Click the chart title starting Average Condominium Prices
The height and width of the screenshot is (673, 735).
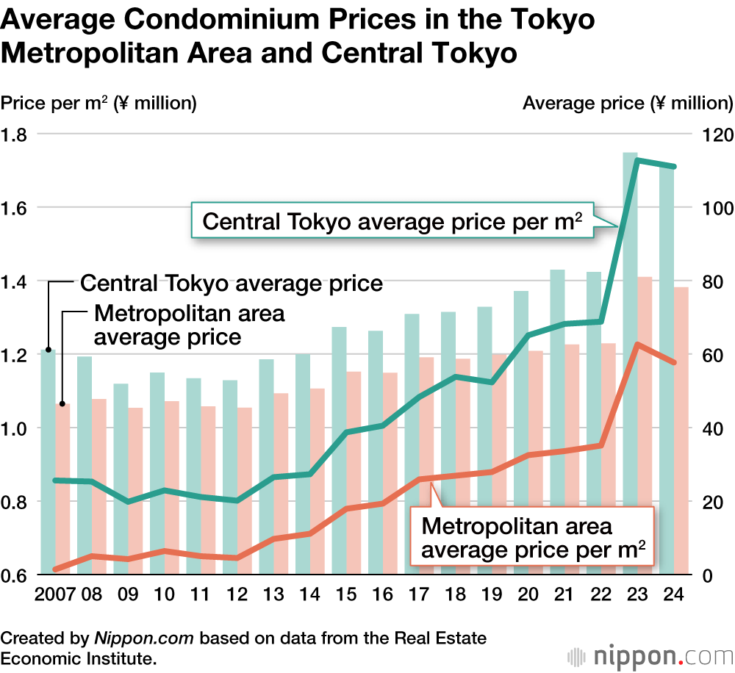[298, 37]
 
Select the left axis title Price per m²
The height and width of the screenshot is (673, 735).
[98, 103]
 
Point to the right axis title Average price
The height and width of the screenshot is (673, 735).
[627, 103]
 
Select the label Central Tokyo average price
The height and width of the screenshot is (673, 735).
[232, 283]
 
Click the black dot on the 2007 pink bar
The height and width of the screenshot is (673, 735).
[63, 403]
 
